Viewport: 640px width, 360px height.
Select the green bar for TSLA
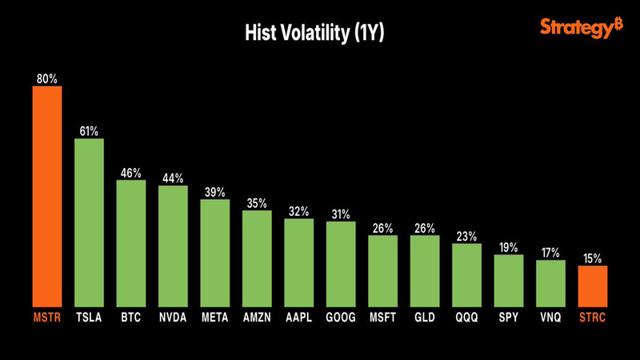[x=90, y=221]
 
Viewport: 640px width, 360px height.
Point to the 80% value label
[x=47, y=78]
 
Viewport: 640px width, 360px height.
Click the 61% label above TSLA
[x=89, y=131]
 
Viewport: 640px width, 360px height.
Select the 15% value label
[x=592, y=258]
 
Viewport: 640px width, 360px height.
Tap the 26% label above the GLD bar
[x=425, y=229]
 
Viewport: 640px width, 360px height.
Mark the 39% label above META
[x=214, y=193]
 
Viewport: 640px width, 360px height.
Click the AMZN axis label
[x=257, y=318]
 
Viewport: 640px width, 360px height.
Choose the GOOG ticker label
[x=341, y=318]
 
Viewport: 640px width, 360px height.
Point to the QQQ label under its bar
[x=466, y=318]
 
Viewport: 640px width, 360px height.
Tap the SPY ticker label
[x=508, y=318]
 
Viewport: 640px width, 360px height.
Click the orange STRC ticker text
[x=592, y=318]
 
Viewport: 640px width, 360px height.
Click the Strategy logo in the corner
[x=581, y=29]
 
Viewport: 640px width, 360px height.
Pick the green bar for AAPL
[x=298, y=261]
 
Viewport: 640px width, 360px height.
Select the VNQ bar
[x=550, y=282]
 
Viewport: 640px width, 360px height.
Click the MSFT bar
[x=382, y=270]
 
